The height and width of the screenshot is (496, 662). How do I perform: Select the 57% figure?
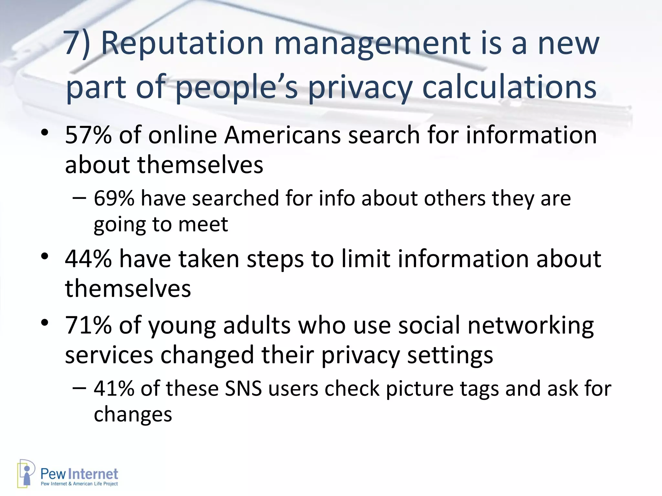point(88,135)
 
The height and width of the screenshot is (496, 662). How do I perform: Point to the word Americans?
point(283,135)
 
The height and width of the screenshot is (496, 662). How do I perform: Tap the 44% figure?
point(88,259)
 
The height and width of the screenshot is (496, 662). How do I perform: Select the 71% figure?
point(88,325)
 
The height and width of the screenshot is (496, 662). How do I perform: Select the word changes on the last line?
point(133,414)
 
